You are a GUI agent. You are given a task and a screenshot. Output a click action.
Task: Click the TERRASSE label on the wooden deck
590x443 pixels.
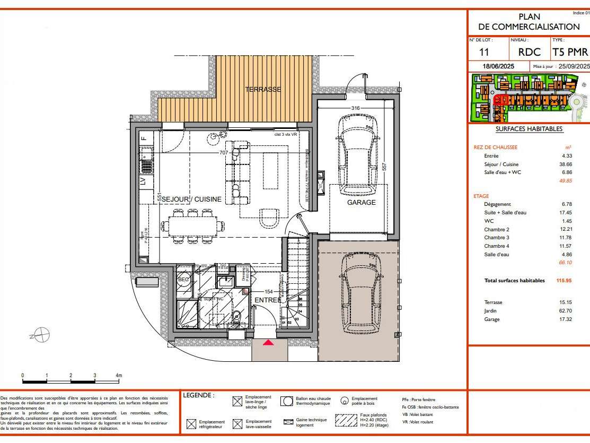[263, 90]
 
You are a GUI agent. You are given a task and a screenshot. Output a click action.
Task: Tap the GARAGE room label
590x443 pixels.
[361, 203]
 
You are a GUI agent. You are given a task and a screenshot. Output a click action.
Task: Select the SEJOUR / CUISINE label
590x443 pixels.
[191, 199]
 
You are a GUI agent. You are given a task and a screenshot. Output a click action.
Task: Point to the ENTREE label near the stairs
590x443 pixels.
[268, 300]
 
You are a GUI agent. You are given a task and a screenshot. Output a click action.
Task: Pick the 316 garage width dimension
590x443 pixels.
[356, 109]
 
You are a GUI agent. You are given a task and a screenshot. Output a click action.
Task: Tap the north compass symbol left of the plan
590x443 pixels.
[42, 335]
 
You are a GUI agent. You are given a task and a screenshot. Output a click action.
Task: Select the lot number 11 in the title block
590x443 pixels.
[483, 52]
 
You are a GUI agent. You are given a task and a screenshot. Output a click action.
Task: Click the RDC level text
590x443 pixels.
[529, 52]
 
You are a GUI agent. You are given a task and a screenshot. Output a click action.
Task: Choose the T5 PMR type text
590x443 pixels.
[570, 52]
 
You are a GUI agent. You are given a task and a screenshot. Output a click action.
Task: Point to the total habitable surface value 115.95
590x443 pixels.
[564, 281]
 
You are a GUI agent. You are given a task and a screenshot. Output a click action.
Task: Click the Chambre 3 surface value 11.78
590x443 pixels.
[566, 238]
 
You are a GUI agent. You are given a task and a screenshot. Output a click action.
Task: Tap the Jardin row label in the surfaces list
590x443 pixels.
[490, 311]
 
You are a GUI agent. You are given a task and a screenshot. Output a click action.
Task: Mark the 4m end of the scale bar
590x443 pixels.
[119, 380]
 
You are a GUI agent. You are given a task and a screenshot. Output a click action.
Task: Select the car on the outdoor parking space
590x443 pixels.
[360, 292]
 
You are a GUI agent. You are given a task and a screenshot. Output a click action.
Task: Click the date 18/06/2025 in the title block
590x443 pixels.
[498, 66]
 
